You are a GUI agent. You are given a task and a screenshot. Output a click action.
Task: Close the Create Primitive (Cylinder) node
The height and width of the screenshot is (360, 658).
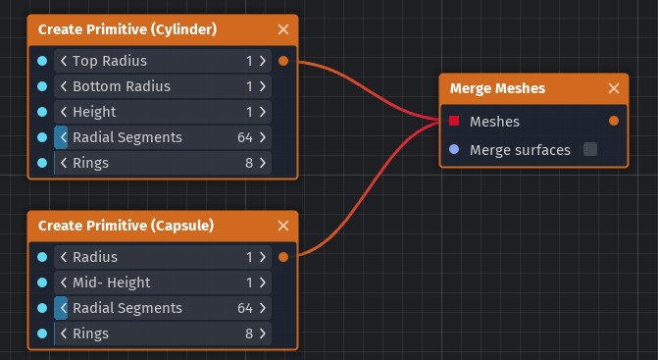point(283,29)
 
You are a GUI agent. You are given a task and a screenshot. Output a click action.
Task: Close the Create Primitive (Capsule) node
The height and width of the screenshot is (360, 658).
point(283,226)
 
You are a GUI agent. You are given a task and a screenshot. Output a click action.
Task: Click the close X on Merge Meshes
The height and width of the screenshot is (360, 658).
point(614,88)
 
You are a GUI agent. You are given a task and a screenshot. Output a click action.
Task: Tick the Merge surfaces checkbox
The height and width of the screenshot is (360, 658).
point(590,149)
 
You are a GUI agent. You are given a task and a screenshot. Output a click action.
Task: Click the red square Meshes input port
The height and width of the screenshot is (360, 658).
point(454,122)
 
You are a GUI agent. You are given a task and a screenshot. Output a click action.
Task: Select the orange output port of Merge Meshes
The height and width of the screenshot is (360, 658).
point(614,122)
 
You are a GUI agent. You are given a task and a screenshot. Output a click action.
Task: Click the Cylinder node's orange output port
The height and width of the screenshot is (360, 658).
point(283,61)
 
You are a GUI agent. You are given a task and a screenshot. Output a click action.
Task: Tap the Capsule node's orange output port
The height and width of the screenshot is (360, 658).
point(283,257)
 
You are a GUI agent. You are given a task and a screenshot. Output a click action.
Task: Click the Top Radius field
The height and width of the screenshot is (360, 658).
point(162,61)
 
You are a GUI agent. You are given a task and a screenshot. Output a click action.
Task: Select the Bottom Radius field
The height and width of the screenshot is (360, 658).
point(162,86)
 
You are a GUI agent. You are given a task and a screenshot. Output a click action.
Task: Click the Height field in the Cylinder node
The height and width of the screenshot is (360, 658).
point(162,112)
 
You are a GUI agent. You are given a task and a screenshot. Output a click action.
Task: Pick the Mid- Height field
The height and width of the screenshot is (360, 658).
point(162,283)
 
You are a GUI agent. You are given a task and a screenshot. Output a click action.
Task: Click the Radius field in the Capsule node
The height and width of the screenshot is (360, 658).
point(162,257)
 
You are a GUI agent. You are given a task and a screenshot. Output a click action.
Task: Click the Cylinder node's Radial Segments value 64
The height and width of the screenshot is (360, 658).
point(245,137)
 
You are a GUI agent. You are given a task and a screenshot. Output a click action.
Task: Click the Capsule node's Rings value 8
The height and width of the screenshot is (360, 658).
point(250,334)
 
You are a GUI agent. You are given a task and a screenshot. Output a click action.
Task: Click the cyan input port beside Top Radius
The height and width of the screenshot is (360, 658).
point(41,61)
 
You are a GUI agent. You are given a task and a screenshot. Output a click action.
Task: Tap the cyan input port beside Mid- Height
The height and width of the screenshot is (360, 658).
point(41,283)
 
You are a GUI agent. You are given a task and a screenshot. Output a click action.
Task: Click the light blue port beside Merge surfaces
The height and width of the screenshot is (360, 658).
point(454,149)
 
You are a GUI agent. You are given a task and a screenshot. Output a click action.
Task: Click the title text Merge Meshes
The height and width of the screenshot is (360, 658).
point(497,88)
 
